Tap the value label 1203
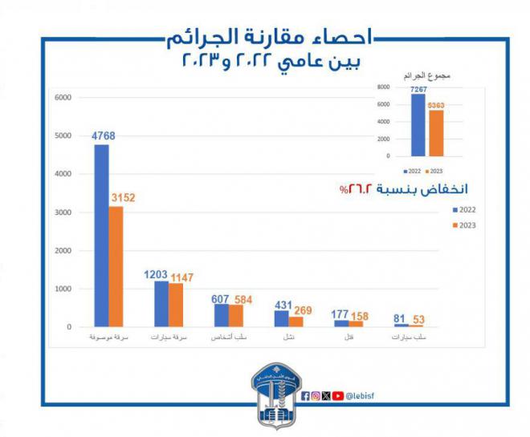coord(155,273)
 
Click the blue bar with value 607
coord(221,315)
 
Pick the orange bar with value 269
coord(296,322)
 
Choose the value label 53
coord(418,320)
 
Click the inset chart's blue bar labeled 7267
coord(418,125)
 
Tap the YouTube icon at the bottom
coord(339,395)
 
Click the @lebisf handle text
coord(363,395)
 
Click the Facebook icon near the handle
coord(306,395)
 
